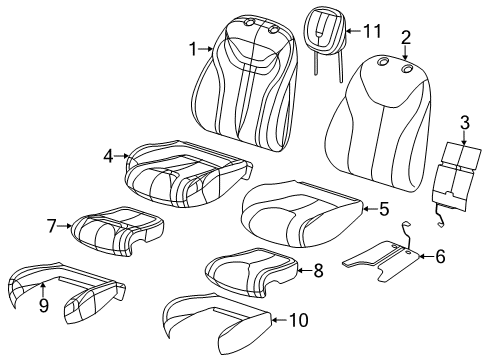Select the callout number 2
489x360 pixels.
[406, 39]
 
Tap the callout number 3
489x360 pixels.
[464, 123]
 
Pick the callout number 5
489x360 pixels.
[384, 209]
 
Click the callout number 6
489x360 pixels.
[440, 256]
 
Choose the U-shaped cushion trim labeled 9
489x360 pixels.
[65, 295]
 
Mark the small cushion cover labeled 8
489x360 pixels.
[250, 270]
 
